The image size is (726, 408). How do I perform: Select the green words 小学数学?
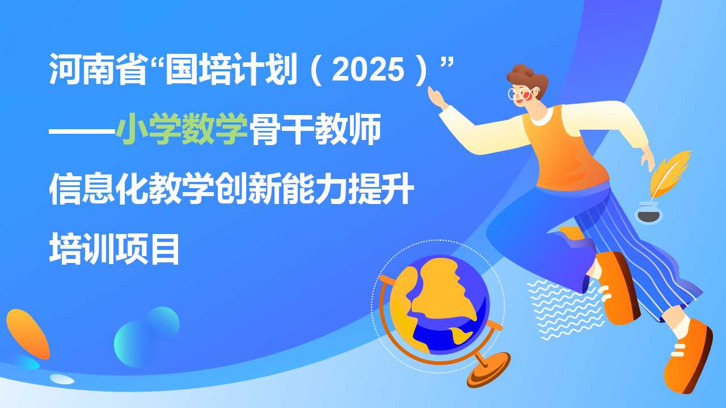tap(182, 129)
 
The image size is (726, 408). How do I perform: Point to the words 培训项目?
tap(114, 249)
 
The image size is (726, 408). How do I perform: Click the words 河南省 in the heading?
tap(98, 69)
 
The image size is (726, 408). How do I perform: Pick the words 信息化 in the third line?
tap(98, 189)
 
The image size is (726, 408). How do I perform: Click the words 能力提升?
tap(349, 189)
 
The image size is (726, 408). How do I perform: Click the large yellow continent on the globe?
tap(444, 291)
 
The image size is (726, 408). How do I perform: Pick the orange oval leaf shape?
tap(28, 334)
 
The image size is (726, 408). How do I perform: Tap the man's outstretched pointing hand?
tap(437, 97)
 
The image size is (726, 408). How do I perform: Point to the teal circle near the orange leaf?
tap(163, 323)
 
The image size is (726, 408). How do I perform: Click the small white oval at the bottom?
tap(62, 379)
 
